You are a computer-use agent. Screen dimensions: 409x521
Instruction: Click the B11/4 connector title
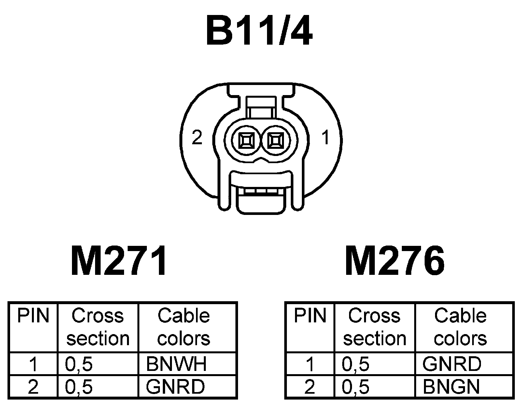pos(260,30)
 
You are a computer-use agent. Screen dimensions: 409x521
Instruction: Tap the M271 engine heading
pos(119,261)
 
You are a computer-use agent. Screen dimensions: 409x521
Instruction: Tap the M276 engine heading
pos(395,261)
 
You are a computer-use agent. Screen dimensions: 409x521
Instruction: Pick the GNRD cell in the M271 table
pos(175,387)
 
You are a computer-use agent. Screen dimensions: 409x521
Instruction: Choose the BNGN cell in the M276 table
pos(451,387)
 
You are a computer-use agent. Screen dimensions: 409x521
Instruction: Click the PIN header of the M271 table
pos(33,316)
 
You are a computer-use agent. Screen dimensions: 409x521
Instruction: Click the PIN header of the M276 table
pos(310,316)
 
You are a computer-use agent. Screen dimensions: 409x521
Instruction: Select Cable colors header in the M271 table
pos(184,327)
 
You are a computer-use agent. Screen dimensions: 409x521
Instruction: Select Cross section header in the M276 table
pos(374,327)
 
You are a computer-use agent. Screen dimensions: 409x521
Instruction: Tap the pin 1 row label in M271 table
pos(33,364)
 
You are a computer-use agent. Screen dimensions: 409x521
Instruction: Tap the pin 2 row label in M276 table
pos(310,387)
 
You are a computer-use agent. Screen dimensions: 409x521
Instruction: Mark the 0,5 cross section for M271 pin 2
pos(79,387)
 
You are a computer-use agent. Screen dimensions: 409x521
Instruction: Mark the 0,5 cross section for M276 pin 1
pos(356,364)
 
